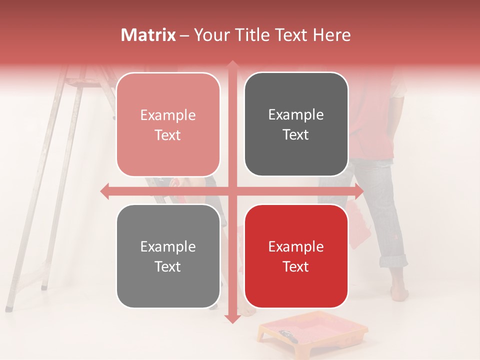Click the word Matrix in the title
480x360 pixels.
[x=148, y=35]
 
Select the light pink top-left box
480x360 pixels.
[x=168, y=124]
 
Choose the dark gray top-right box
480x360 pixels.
[x=296, y=124]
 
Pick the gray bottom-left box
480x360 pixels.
[x=168, y=256]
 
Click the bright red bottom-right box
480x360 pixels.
[x=296, y=256]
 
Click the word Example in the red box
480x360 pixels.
[x=296, y=246]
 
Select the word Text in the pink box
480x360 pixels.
[x=168, y=135]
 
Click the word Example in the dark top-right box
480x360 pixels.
[x=296, y=114]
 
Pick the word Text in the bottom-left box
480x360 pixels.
[x=168, y=266]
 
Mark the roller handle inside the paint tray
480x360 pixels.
[x=289, y=335]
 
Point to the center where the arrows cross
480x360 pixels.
[x=232, y=191]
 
